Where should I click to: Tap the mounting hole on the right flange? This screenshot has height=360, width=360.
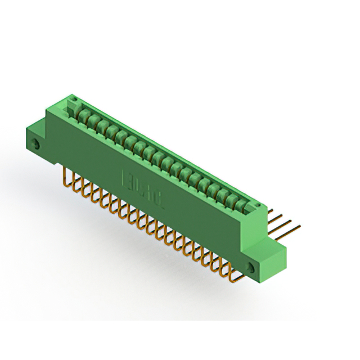250,265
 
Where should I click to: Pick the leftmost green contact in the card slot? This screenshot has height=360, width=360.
84,116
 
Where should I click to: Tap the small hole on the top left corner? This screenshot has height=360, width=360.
72,103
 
